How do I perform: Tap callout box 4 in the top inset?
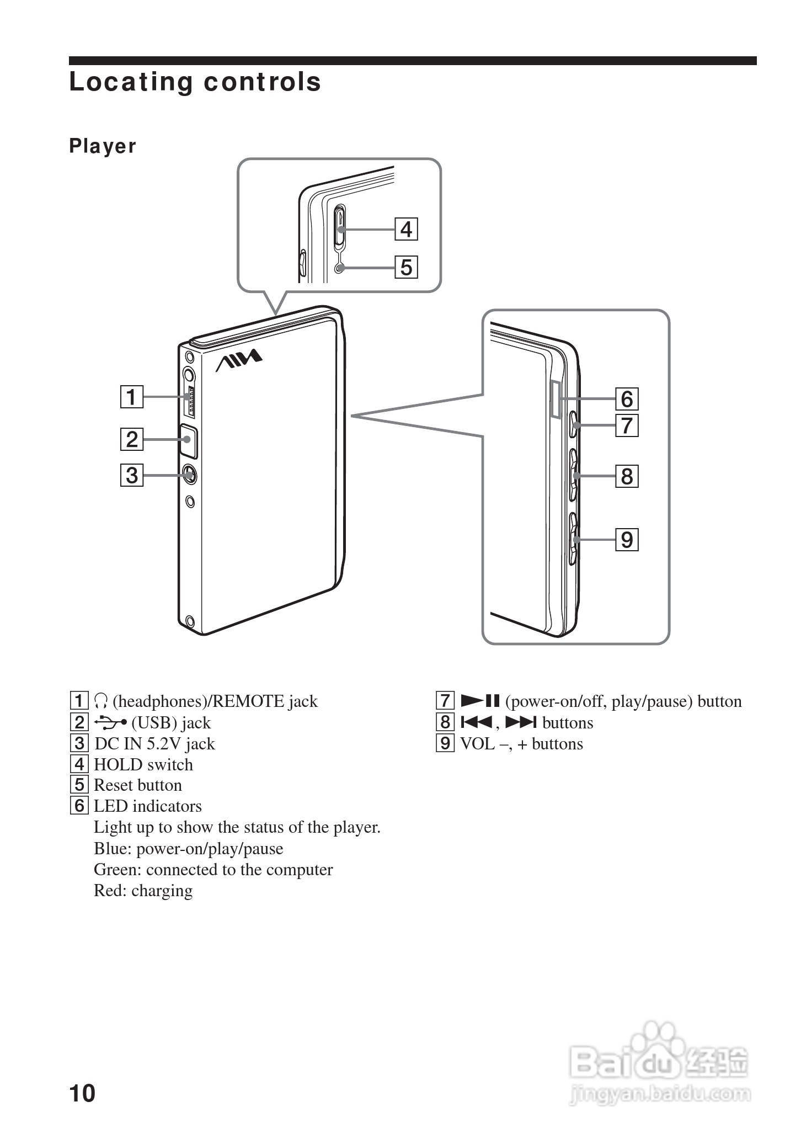[x=406, y=229]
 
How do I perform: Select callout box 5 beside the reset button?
[x=406, y=267]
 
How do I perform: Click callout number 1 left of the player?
[x=132, y=397]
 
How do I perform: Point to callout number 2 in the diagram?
[x=132, y=439]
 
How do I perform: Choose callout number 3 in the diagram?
[x=132, y=475]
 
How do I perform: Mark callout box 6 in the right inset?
[x=627, y=398]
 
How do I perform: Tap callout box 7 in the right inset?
[x=627, y=425]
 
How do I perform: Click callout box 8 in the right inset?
[x=627, y=476]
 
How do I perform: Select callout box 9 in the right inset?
[x=627, y=540]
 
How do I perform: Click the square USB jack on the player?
[x=188, y=440]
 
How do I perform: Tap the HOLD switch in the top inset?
[x=340, y=227]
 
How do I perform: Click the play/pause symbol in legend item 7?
[x=479, y=701]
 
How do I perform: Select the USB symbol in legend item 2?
[x=110, y=722]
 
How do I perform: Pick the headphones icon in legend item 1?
[x=100, y=701]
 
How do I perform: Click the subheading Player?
[x=103, y=146]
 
